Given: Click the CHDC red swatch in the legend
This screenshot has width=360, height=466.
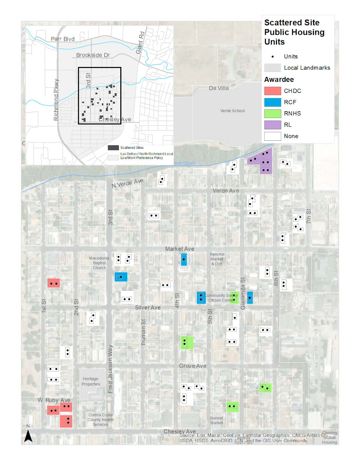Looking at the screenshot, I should (x=272, y=91).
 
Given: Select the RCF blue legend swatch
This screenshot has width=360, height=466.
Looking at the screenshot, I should (x=272, y=102).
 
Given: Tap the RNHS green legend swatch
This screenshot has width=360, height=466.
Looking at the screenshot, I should (x=272, y=114).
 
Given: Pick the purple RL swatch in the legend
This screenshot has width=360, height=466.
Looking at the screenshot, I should (x=272, y=125).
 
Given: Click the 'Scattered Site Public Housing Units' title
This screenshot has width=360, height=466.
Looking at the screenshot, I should (x=294, y=32).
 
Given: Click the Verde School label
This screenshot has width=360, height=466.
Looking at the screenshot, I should (x=232, y=111).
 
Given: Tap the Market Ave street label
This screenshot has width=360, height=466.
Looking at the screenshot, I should (x=179, y=249).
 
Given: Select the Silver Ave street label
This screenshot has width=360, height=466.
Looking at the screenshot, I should (x=148, y=308).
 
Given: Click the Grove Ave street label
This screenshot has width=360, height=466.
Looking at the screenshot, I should (x=193, y=366).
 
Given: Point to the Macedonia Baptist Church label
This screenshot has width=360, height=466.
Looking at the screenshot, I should (x=99, y=263).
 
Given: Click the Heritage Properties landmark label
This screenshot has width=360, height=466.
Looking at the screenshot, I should (x=91, y=382).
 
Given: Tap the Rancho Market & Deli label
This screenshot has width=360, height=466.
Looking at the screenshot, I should (x=217, y=259).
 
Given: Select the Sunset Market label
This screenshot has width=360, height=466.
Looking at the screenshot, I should (x=216, y=420).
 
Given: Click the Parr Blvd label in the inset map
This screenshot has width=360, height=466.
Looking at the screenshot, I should (x=63, y=39).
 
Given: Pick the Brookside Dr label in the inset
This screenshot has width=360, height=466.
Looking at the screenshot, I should (x=93, y=55).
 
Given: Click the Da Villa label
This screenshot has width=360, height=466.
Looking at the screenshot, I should (x=219, y=88).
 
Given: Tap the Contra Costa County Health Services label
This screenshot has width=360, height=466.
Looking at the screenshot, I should (x=101, y=420).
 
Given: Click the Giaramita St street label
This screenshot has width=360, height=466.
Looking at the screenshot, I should (x=243, y=293).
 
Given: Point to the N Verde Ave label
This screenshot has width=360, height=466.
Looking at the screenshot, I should (x=127, y=183).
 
